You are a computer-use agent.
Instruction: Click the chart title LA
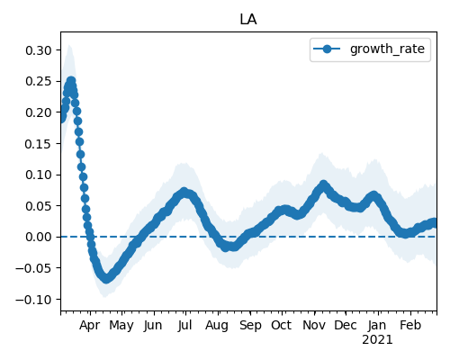point(248,20)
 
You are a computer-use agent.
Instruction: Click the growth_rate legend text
point(387,49)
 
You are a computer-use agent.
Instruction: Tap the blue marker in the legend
point(327,49)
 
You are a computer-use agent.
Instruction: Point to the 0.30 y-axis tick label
point(39,50)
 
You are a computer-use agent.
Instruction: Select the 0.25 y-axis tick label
point(39,81)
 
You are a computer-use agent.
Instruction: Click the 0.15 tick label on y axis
point(39,144)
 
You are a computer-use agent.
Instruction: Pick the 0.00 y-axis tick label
point(39,237)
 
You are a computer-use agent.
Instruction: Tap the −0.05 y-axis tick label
point(33,268)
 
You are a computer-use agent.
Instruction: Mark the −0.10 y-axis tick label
point(33,299)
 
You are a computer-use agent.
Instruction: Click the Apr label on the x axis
point(89,326)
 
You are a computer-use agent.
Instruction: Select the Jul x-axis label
point(184,325)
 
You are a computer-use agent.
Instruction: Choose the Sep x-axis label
point(250,326)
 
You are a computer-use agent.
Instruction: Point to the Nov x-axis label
point(314,325)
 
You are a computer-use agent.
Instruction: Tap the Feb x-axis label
point(410,325)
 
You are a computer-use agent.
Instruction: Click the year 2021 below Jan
point(377,340)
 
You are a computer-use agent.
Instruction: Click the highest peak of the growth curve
point(71,81)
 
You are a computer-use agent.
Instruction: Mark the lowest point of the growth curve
point(106,278)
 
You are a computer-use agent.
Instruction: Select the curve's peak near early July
point(184,192)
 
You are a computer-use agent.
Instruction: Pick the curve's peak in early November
point(323,184)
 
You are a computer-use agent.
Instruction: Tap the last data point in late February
point(434,223)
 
